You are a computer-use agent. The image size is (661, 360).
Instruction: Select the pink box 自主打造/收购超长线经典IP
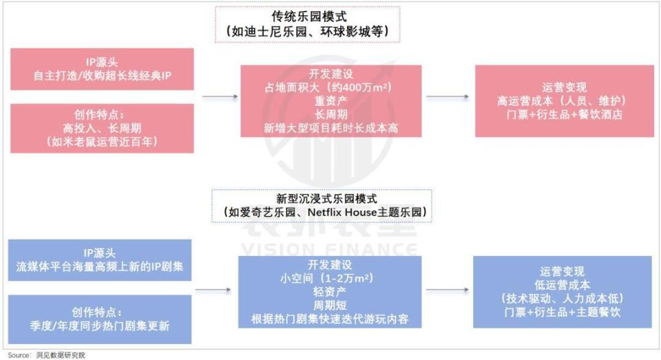pos(102,70)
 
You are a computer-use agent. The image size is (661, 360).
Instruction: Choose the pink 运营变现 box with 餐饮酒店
pos(563,101)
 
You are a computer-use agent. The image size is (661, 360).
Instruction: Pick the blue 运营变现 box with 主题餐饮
pos(562,292)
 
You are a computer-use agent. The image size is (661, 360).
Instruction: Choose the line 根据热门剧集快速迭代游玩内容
pos(330,320)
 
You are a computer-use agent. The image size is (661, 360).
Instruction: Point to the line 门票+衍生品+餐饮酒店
pos(563,114)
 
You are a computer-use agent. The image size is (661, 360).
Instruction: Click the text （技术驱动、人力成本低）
pos(562,299)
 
